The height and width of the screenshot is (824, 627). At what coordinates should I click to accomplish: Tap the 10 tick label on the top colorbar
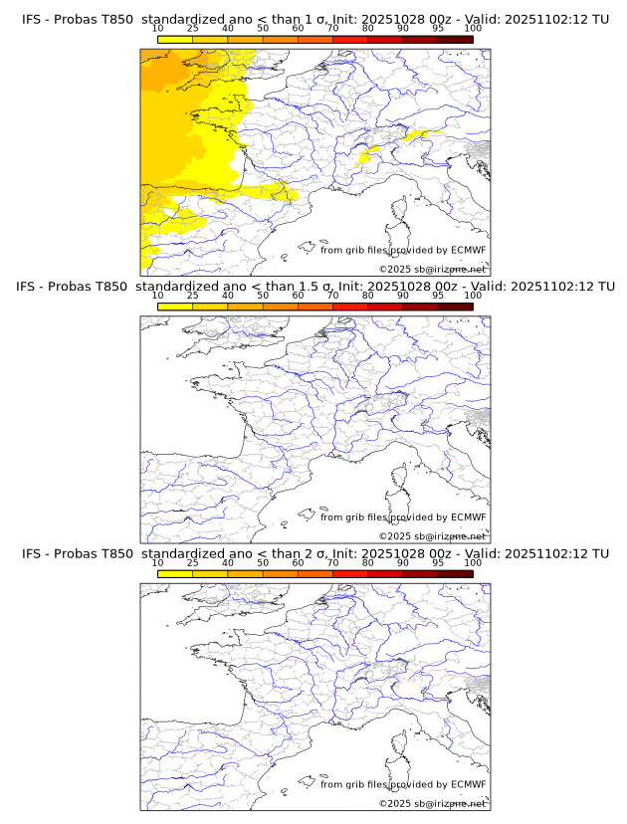[158, 29]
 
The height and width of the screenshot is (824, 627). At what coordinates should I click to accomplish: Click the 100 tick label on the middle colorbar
[473, 296]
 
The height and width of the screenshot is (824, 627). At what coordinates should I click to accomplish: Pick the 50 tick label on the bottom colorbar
[263, 562]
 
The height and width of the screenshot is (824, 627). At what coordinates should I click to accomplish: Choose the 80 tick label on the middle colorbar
[368, 296]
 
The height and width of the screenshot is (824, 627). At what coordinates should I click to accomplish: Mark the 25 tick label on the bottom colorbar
[193, 562]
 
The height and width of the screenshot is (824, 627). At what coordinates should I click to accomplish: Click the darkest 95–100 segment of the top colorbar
[455, 39]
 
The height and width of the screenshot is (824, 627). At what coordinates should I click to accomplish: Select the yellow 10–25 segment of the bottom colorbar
[175, 573]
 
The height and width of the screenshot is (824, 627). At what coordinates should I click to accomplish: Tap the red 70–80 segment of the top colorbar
[350, 39]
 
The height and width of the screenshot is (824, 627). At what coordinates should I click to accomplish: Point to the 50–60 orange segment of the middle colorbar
[281, 306]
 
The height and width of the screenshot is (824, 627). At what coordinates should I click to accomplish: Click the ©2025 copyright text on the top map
[432, 270]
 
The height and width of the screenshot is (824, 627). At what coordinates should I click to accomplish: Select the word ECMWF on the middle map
[469, 517]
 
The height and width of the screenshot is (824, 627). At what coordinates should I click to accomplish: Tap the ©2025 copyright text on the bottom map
[432, 803]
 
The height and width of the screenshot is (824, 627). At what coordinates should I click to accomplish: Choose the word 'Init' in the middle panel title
[350, 288]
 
